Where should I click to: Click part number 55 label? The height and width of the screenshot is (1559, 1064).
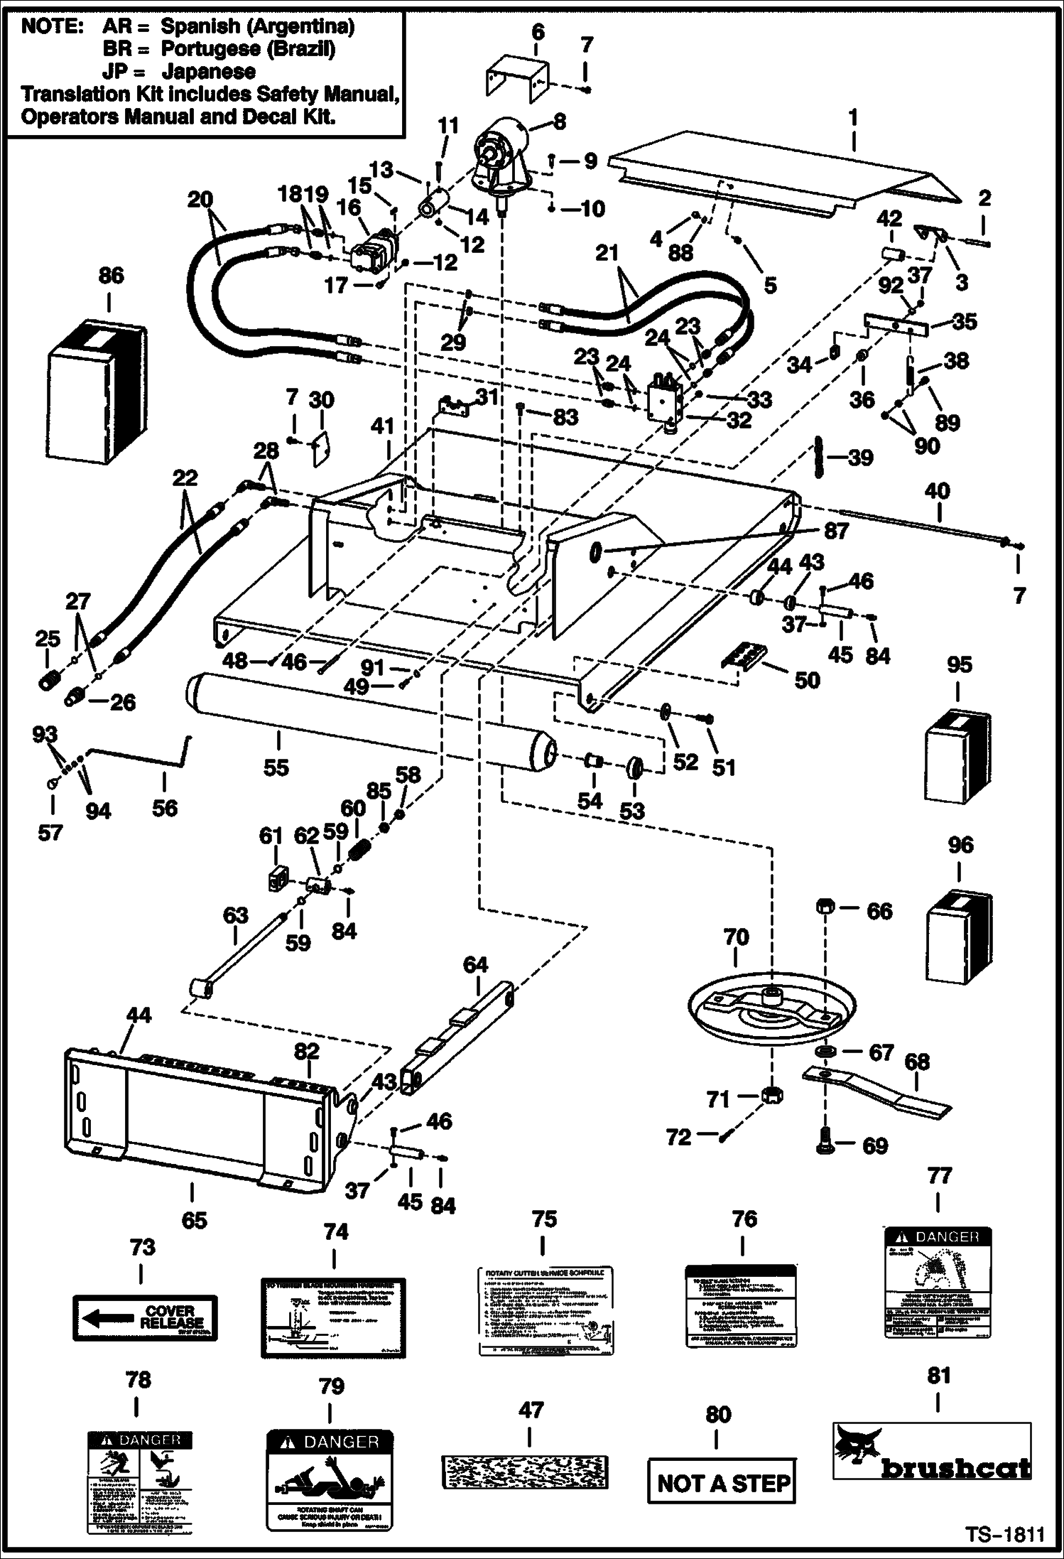tap(276, 767)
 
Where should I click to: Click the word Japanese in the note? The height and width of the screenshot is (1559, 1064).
tap(208, 72)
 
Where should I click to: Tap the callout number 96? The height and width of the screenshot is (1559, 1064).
tap(960, 845)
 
